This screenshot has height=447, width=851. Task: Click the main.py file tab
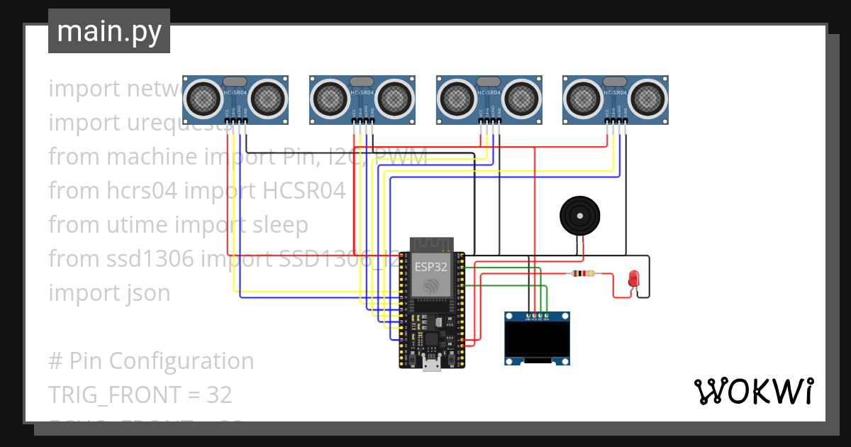pos(109,31)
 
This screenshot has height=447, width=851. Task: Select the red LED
pos(633,279)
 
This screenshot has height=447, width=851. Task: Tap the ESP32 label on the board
pos(430,267)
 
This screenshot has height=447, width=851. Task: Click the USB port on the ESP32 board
pos(430,365)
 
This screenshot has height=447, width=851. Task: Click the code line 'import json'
pos(109,292)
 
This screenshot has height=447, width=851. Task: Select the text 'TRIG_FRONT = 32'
pos(140,394)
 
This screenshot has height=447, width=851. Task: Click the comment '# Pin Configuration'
pos(150,360)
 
